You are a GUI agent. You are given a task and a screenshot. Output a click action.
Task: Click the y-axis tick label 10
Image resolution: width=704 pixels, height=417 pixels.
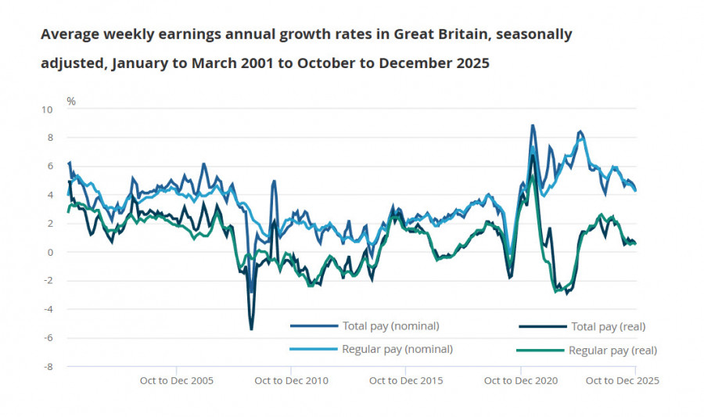click(47, 110)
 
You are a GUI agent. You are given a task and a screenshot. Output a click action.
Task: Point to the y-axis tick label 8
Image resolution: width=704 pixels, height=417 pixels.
click(49, 138)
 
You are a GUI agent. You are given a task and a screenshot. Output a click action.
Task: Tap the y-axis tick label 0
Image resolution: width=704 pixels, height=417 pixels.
click(49, 252)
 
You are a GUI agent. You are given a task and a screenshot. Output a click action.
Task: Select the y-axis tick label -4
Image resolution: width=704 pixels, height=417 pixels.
click(48, 309)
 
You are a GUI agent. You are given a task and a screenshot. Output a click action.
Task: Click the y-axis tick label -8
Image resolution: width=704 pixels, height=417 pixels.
click(48, 366)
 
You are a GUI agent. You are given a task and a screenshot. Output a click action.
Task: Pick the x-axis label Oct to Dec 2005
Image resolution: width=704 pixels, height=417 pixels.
click(176, 381)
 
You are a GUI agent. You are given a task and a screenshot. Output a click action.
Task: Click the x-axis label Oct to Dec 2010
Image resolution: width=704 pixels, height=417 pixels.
click(292, 381)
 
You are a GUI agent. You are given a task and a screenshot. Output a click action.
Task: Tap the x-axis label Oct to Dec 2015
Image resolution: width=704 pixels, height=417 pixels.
click(406, 381)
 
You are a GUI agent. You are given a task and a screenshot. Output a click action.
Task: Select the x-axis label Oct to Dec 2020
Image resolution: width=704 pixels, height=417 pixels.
click(521, 381)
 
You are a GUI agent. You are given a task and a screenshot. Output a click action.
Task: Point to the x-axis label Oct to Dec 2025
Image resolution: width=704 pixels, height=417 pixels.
click(623, 381)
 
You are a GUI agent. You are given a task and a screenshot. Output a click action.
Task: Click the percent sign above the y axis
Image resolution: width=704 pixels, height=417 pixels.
click(71, 102)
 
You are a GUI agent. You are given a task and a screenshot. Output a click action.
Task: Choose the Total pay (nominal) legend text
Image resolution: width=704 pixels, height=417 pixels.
click(390, 325)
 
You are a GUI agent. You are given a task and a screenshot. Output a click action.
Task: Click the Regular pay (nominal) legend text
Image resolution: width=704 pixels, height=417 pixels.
click(397, 349)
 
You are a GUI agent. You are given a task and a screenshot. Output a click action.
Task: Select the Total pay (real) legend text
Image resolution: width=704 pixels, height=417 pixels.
click(609, 326)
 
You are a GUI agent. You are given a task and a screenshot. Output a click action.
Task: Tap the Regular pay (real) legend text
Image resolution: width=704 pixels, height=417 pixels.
click(612, 350)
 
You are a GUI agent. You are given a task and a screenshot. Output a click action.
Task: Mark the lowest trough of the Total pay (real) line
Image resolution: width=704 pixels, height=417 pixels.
click(251, 329)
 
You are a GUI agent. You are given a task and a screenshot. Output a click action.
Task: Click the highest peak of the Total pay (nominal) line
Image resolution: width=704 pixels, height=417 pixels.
click(533, 125)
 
